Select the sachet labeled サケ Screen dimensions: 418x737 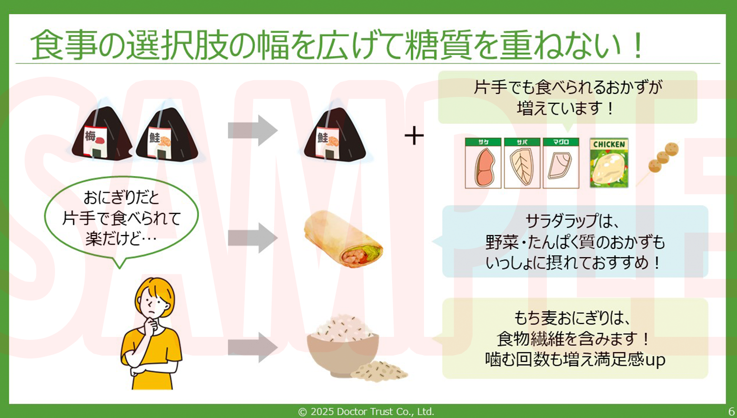tap(483, 163)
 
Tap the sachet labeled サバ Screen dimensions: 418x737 tap(522, 163)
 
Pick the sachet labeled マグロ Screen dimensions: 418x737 tap(561, 163)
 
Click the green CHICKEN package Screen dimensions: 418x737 tap(609, 163)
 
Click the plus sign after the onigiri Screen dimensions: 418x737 tap(414, 136)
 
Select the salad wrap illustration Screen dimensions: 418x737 tap(343, 239)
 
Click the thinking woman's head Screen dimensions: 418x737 tap(154, 300)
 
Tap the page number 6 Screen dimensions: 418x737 tap(731, 412)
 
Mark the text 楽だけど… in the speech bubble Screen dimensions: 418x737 tap(121, 239)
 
